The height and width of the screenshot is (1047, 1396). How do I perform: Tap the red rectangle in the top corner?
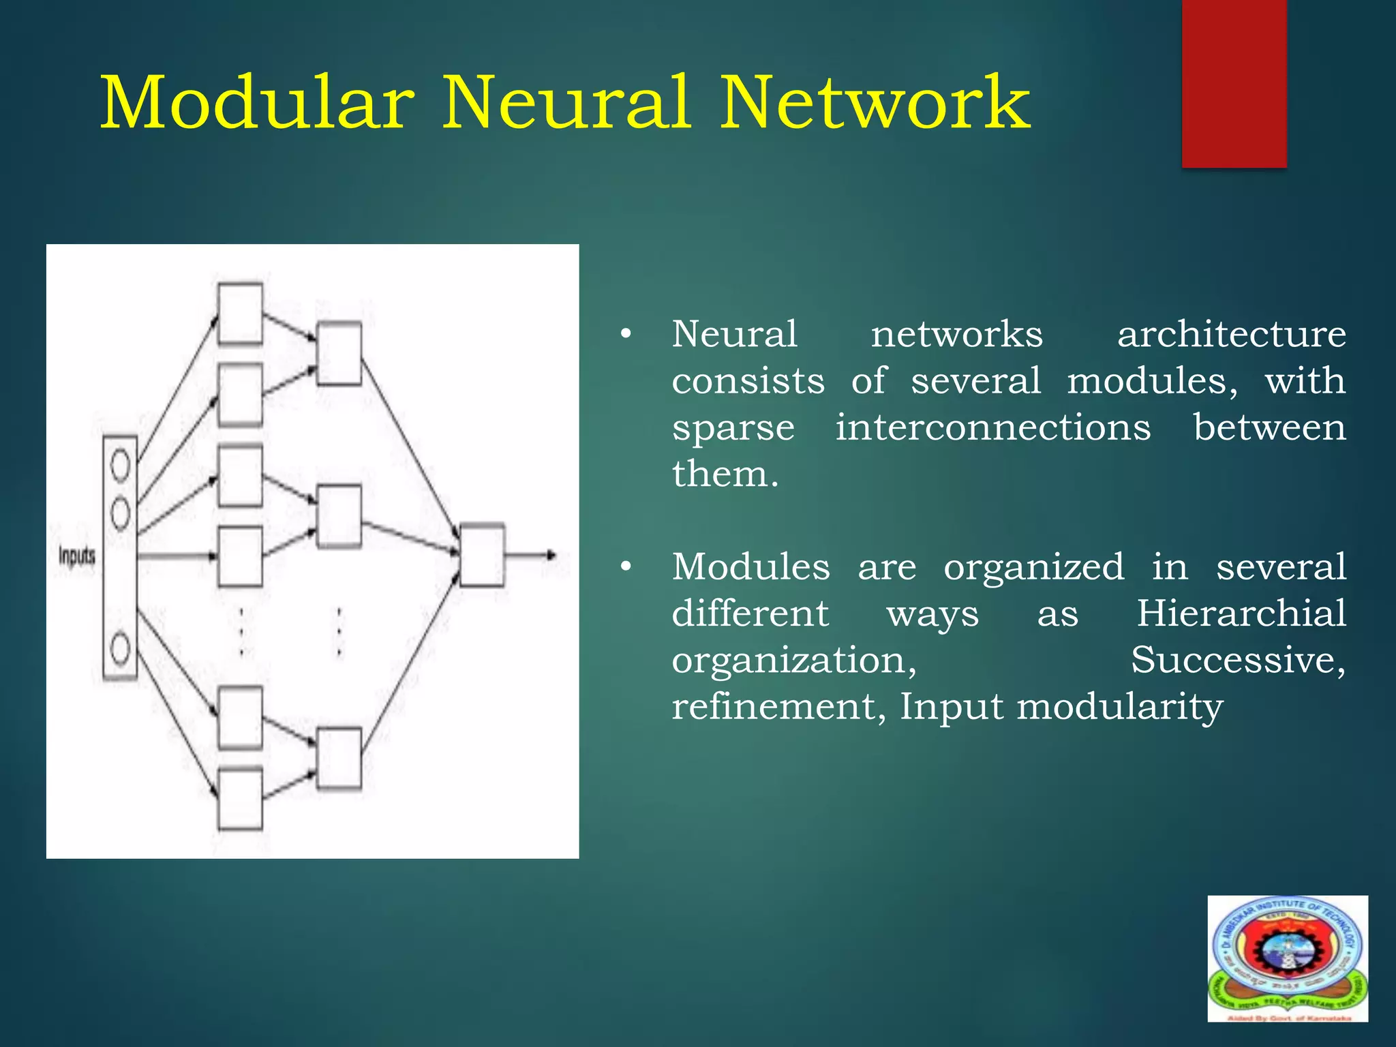(1234, 83)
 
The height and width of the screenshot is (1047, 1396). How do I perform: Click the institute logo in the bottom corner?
(1288, 958)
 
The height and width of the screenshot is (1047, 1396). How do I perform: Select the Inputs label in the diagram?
(76, 556)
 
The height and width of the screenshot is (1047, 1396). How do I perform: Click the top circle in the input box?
(120, 466)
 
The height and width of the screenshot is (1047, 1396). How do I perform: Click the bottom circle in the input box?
(120, 648)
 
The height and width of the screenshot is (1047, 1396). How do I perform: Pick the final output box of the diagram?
(483, 555)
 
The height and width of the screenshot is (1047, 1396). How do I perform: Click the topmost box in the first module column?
(240, 314)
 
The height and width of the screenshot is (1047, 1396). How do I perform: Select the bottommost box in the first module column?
(240, 799)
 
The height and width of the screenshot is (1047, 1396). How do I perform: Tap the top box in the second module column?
(339, 354)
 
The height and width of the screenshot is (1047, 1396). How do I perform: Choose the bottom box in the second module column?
(339, 759)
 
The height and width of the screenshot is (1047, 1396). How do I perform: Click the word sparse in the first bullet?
(733, 428)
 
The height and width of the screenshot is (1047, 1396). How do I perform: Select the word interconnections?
(993, 428)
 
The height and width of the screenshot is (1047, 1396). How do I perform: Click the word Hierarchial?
(1241, 613)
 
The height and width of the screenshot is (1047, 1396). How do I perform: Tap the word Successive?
(1238, 659)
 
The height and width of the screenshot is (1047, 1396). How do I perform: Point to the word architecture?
(1231, 335)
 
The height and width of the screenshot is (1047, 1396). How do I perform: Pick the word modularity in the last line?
(1120, 706)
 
